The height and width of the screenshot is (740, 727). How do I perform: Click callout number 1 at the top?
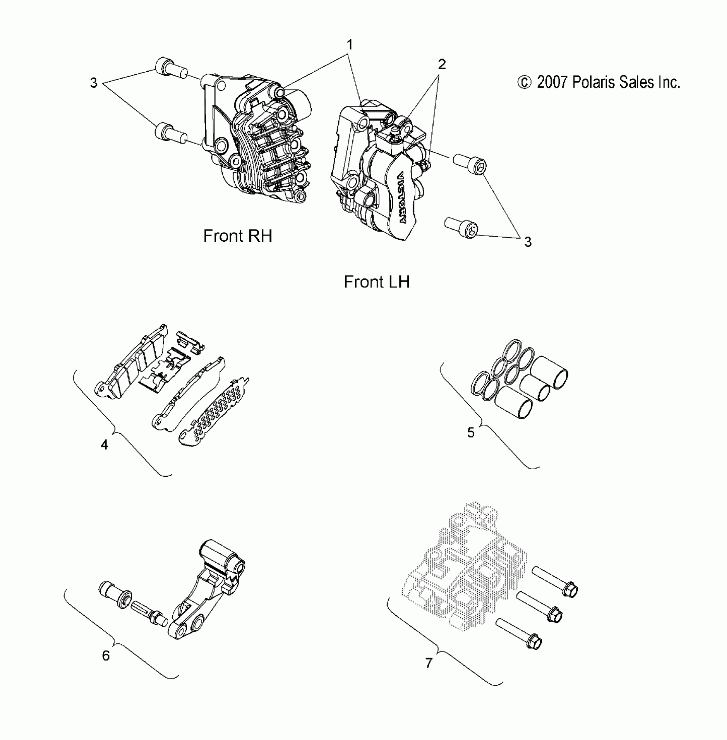[350, 44]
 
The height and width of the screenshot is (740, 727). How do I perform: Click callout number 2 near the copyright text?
[442, 65]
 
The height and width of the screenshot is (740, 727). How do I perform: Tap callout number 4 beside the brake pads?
[104, 445]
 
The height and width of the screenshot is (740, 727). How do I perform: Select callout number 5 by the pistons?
[471, 432]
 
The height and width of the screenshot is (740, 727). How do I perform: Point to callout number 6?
[106, 655]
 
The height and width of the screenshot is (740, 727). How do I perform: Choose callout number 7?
[429, 663]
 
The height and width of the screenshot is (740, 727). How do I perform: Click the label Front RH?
[238, 236]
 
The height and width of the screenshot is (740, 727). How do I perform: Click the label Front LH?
[377, 282]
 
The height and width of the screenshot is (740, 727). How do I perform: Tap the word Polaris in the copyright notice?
[593, 82]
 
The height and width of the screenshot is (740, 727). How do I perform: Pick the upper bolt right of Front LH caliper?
[470, 164]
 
